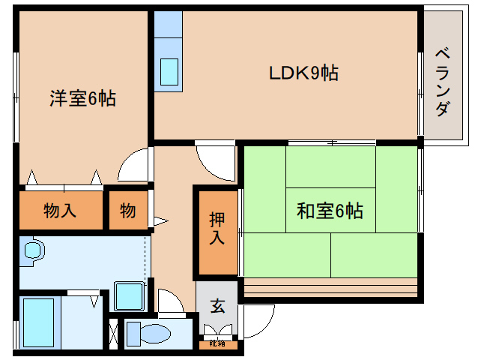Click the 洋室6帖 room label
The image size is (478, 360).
(82, 98)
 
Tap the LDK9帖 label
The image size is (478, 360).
(303, 73)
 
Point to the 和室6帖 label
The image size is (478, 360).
(330, 211)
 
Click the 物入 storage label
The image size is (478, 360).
(60, 211)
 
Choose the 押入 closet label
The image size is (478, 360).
(217, 229)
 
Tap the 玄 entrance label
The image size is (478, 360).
(217, 306)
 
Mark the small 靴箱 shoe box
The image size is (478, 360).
(217, 344)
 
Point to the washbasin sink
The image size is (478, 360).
(31, 250)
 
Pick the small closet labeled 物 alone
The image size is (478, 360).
(128, 211)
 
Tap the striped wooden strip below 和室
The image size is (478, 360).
(330, 286)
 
